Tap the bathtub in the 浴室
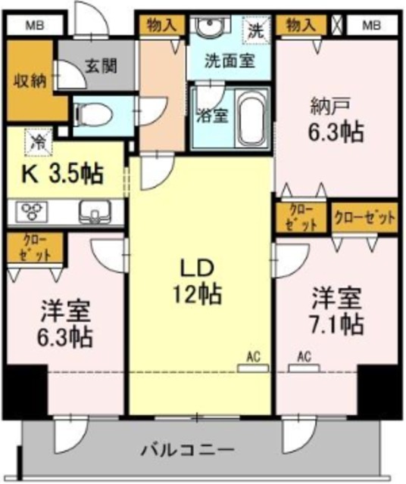click(x=251, y=118)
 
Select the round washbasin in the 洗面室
click(x=211, y=25)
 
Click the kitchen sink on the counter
click(x=95, y=211)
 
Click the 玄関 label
click(x=101, y=65)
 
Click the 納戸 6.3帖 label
click(x=336, y=121)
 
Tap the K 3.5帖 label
click(x=61, y=175)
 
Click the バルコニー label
click(x=187, y=450)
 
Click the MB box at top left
click(x=34, y=25)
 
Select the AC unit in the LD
click(x=253, y=368)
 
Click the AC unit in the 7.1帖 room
click(x=304, y=368)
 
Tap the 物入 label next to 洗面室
click(x=162, y=24)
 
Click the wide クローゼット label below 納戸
click(x=364, y=218)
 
